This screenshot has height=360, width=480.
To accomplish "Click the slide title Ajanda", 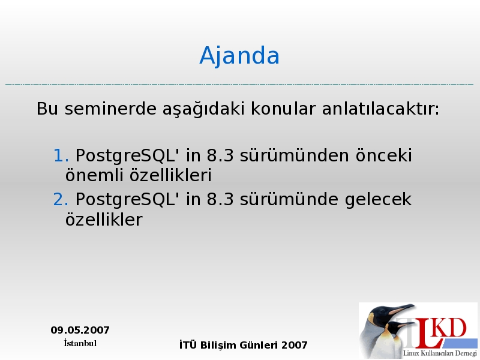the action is (239, 56).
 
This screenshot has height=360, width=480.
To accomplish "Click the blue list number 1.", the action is (61, 155).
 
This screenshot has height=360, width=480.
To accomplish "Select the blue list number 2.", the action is (61, 200).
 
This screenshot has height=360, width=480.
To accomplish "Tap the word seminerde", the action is (110, 109).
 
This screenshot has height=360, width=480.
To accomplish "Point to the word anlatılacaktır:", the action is (380, 109).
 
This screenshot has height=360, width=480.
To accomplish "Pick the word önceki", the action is (383, 155).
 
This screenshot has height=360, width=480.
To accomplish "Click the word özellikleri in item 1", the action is (170, 175).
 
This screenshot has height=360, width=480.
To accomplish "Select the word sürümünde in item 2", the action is (289, 200).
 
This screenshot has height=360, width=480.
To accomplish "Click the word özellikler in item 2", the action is (104, 219).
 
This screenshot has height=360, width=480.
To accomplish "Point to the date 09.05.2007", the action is (80, 330).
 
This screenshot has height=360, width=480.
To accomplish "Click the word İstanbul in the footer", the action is (80, 343).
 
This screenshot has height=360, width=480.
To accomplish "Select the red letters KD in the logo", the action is (450, 328).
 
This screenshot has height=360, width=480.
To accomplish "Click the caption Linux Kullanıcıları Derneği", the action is (440, 353).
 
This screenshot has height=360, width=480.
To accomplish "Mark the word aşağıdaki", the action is (203, 109).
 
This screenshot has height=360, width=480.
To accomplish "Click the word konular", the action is (283, 109).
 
